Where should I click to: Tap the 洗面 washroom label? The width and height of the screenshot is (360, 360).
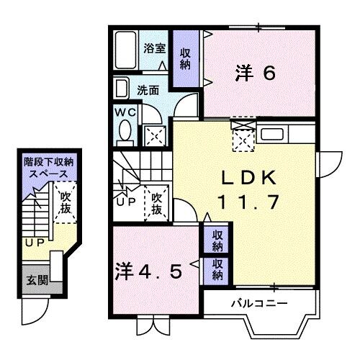149,91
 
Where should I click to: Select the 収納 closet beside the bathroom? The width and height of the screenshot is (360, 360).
186,57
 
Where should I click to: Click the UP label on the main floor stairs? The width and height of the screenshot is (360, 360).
125,203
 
